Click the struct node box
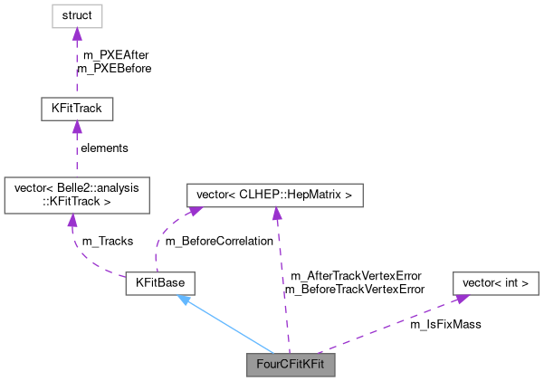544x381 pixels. (76, 15)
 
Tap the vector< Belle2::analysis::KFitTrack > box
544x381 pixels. (76, 195)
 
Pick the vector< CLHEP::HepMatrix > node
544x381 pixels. (274, 195)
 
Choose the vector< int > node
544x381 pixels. (496, 283)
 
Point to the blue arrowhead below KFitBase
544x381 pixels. (183, 300)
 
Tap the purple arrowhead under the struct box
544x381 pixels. (76, 34)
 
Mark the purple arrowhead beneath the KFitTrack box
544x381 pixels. (76, 129)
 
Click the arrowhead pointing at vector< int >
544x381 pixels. (460, 298)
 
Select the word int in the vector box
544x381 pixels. (506, 283)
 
